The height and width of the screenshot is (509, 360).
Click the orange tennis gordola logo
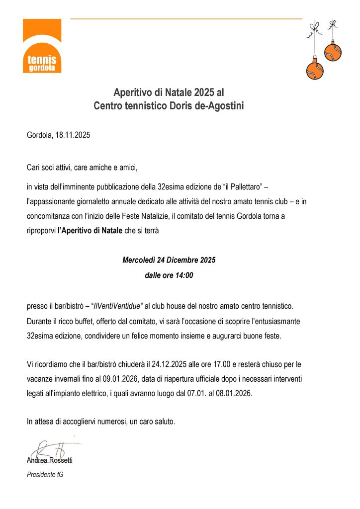click(42, 46)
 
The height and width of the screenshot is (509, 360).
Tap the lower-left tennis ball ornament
click(315, 70)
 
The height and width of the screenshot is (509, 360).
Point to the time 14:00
click(183, 275)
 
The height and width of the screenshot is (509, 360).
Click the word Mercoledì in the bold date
click(139, 260)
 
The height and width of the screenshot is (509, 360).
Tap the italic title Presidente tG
click(45, 475)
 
